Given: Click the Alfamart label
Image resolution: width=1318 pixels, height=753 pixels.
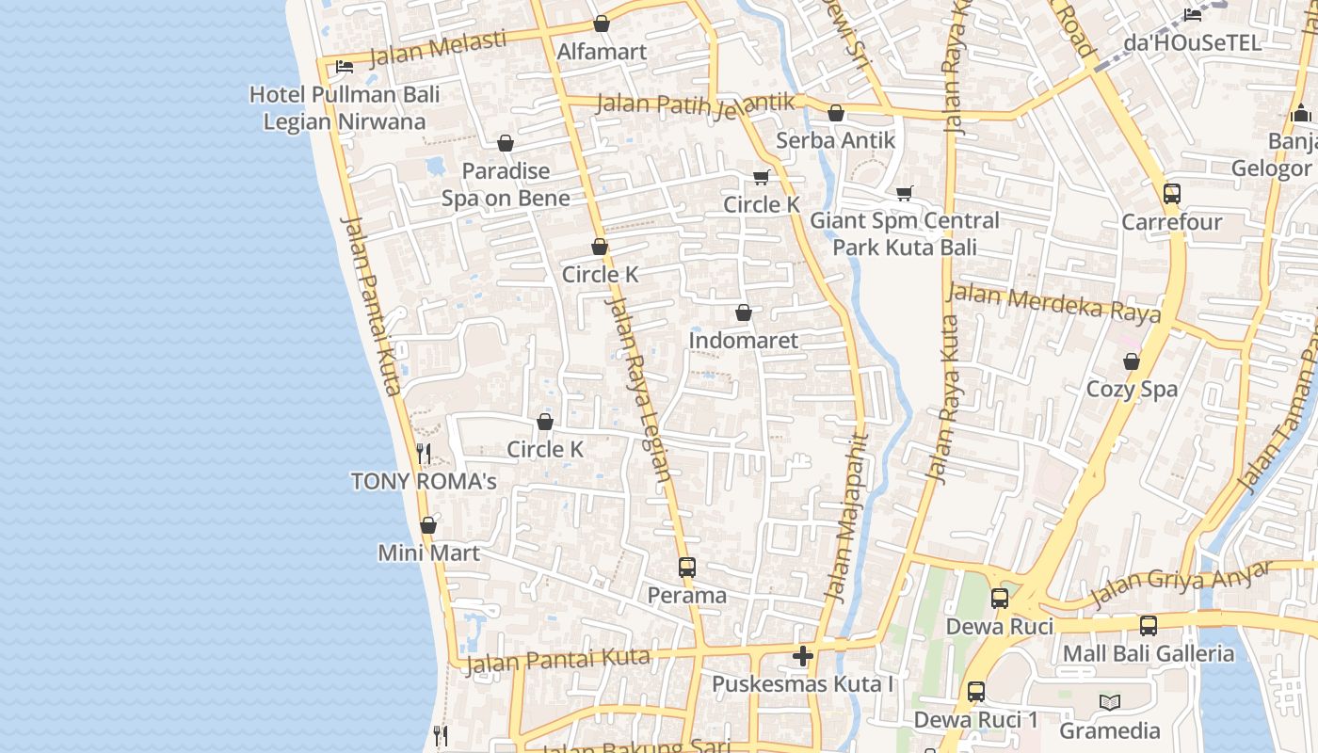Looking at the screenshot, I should point(602,52).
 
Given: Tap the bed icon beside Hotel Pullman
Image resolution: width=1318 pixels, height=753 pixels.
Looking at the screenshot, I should point(345,66).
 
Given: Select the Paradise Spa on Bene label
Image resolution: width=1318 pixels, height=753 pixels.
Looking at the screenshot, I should point(506,184).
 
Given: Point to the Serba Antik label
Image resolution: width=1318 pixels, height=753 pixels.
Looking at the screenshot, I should point(835,140).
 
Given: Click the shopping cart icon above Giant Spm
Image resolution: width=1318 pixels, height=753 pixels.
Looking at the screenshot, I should point(904,193).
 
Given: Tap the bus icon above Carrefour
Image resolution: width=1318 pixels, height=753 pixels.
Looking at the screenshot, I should point(1171,194).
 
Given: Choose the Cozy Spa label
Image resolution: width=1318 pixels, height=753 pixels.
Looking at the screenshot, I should point(1132,389).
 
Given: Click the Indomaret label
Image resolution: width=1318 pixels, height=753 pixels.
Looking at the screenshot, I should point(743,340).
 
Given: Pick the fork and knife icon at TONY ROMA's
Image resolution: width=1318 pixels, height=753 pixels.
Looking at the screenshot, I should point(424,454).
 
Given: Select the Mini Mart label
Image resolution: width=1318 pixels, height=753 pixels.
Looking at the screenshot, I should point(428,553).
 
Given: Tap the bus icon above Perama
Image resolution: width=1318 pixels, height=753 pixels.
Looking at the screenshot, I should point(687,568).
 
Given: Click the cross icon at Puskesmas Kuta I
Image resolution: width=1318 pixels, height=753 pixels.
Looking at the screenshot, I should point(803,656).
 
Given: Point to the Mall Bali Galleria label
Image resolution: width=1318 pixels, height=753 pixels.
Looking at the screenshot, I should point(1148,653).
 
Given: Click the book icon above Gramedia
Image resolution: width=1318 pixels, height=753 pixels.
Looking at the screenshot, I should point(1110,702).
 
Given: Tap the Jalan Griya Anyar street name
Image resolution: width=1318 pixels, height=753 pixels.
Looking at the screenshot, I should point(1181,585).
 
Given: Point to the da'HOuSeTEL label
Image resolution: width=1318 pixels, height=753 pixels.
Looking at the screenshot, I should point(1192,43).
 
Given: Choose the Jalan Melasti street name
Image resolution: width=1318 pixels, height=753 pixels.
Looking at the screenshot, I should point(438,49).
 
